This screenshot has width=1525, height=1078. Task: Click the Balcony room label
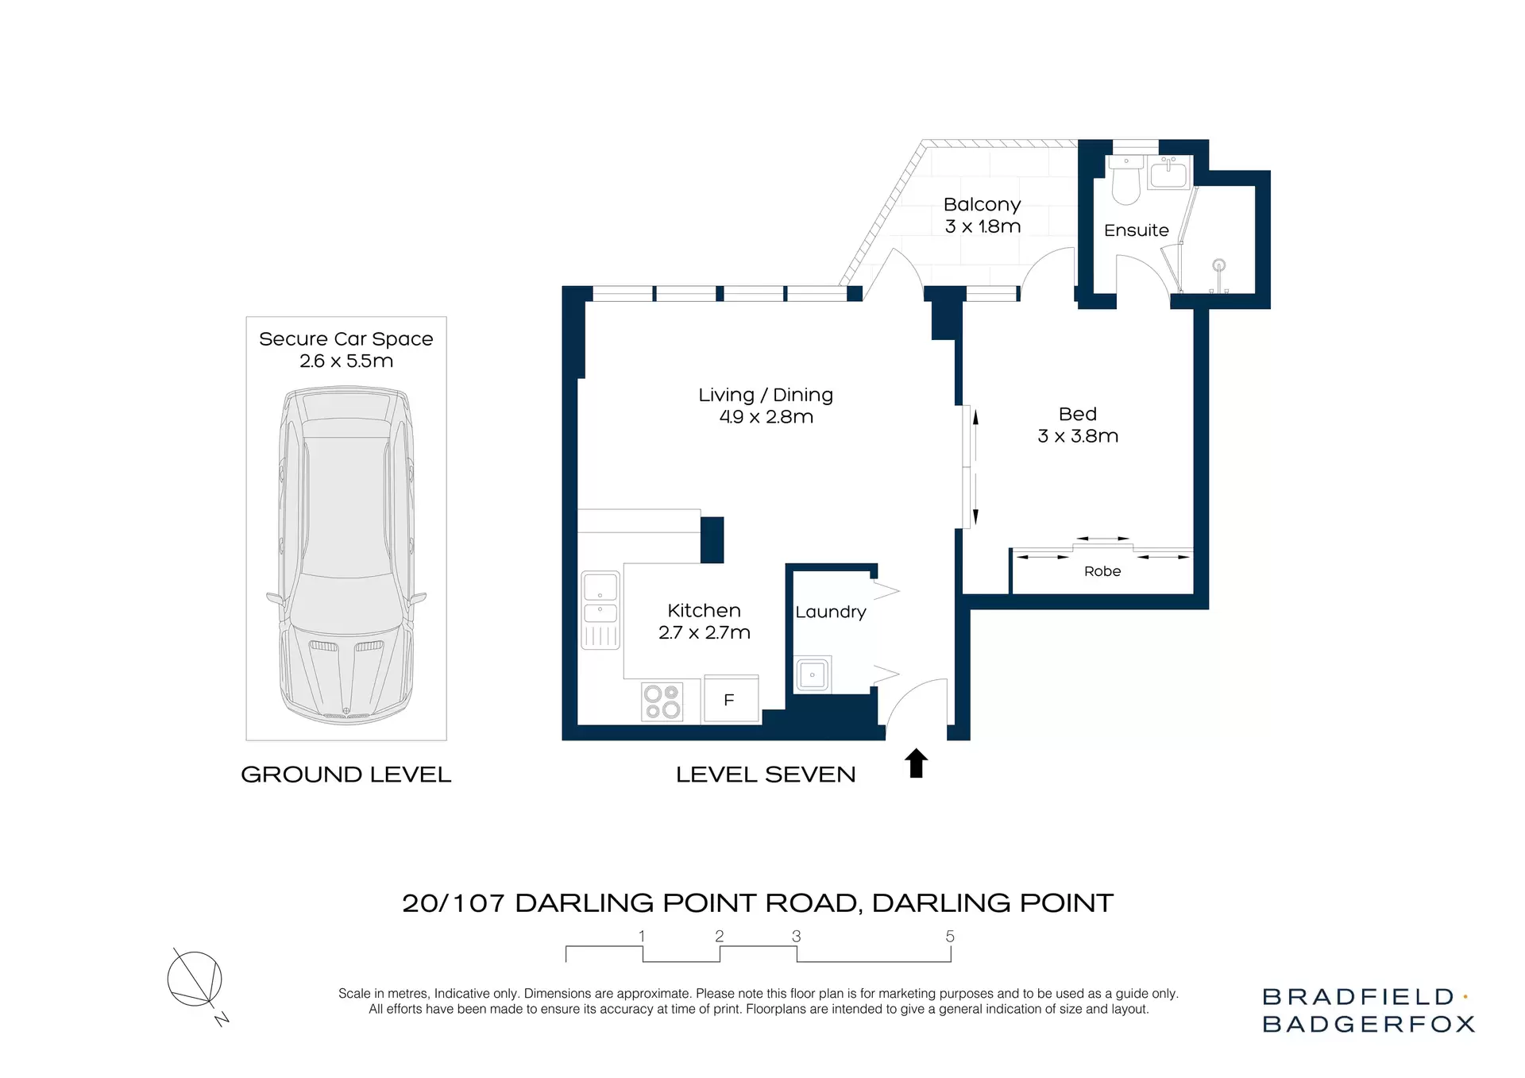pyautogui.click(x=982, y=205)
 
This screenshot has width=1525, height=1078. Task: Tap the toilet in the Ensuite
pyautogui.click(x=1125, y=180)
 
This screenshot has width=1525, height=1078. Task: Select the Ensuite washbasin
pyautogui.click(x=1169, y=173)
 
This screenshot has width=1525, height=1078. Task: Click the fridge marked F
pyautogui.click(x=730, y=699)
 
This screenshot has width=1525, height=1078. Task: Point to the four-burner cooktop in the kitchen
pyautogui.click(x=662, y=701)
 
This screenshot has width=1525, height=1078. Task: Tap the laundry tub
pyautogui.click(x=813, y=675)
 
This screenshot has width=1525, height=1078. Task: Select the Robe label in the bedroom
pyautogui.click(x=1102, y=571)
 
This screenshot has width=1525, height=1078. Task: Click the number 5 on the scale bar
pyautogui.click(x=950, y=937)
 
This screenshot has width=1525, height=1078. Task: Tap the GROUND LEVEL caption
pyautogui.click(x=346, y=775)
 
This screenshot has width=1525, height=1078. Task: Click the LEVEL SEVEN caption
pyautogui.click(x=766, y=775)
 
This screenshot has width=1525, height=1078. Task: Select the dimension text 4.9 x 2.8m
pyautogui.click(x=766, y=417)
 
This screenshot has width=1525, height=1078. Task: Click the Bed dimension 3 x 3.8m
pyautogui.click(x=1078, y=436)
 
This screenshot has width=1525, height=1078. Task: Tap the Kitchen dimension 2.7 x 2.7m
pyautogui.click(x=704, y=632)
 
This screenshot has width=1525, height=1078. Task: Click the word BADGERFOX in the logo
pyautogui.click(x=1368, y=1024)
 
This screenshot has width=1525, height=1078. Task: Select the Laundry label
pyautogui.click(x=830, y=612)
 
